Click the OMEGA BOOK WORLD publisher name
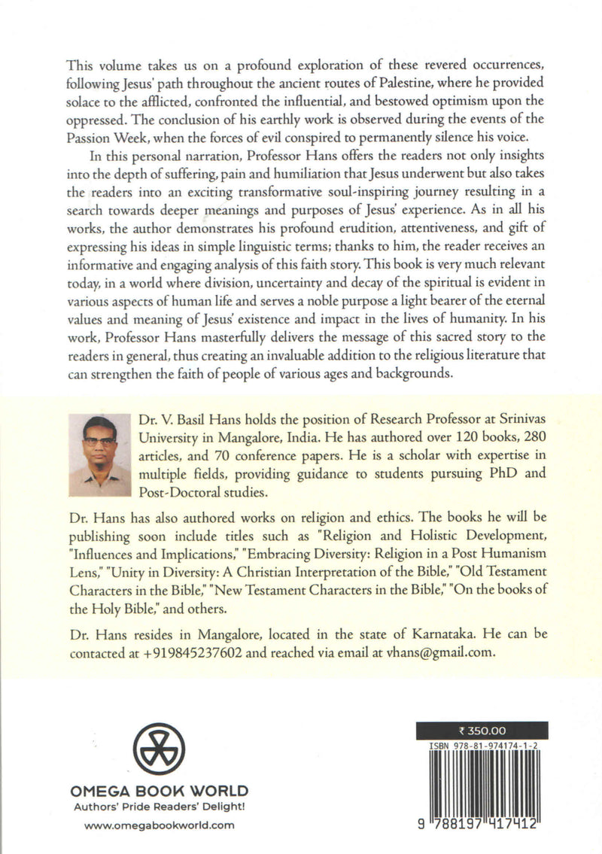click(158, 791)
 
